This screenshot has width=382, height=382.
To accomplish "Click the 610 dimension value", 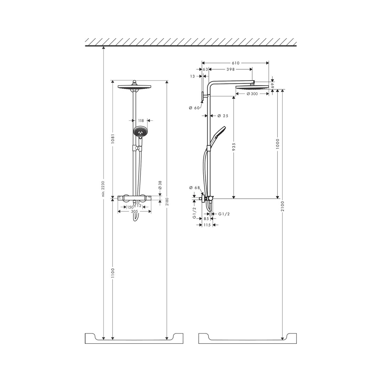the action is pyautogui.click(x=236, y=63).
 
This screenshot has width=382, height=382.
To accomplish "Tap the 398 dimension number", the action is pyautogui.click(x=230, y=70).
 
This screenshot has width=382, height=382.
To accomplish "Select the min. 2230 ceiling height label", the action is pyautogui.click(x=103, y=189).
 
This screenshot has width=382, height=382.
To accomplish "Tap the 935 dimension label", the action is pyautogui.click(x=234, y=147).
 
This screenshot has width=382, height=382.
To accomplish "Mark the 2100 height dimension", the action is pyautogui.click(x=282, y=206).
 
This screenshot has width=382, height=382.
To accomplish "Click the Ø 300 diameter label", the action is pyautogui.click(x=252, y=94).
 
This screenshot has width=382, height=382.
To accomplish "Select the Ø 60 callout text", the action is pyautogui.click(x=194, y=108).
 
